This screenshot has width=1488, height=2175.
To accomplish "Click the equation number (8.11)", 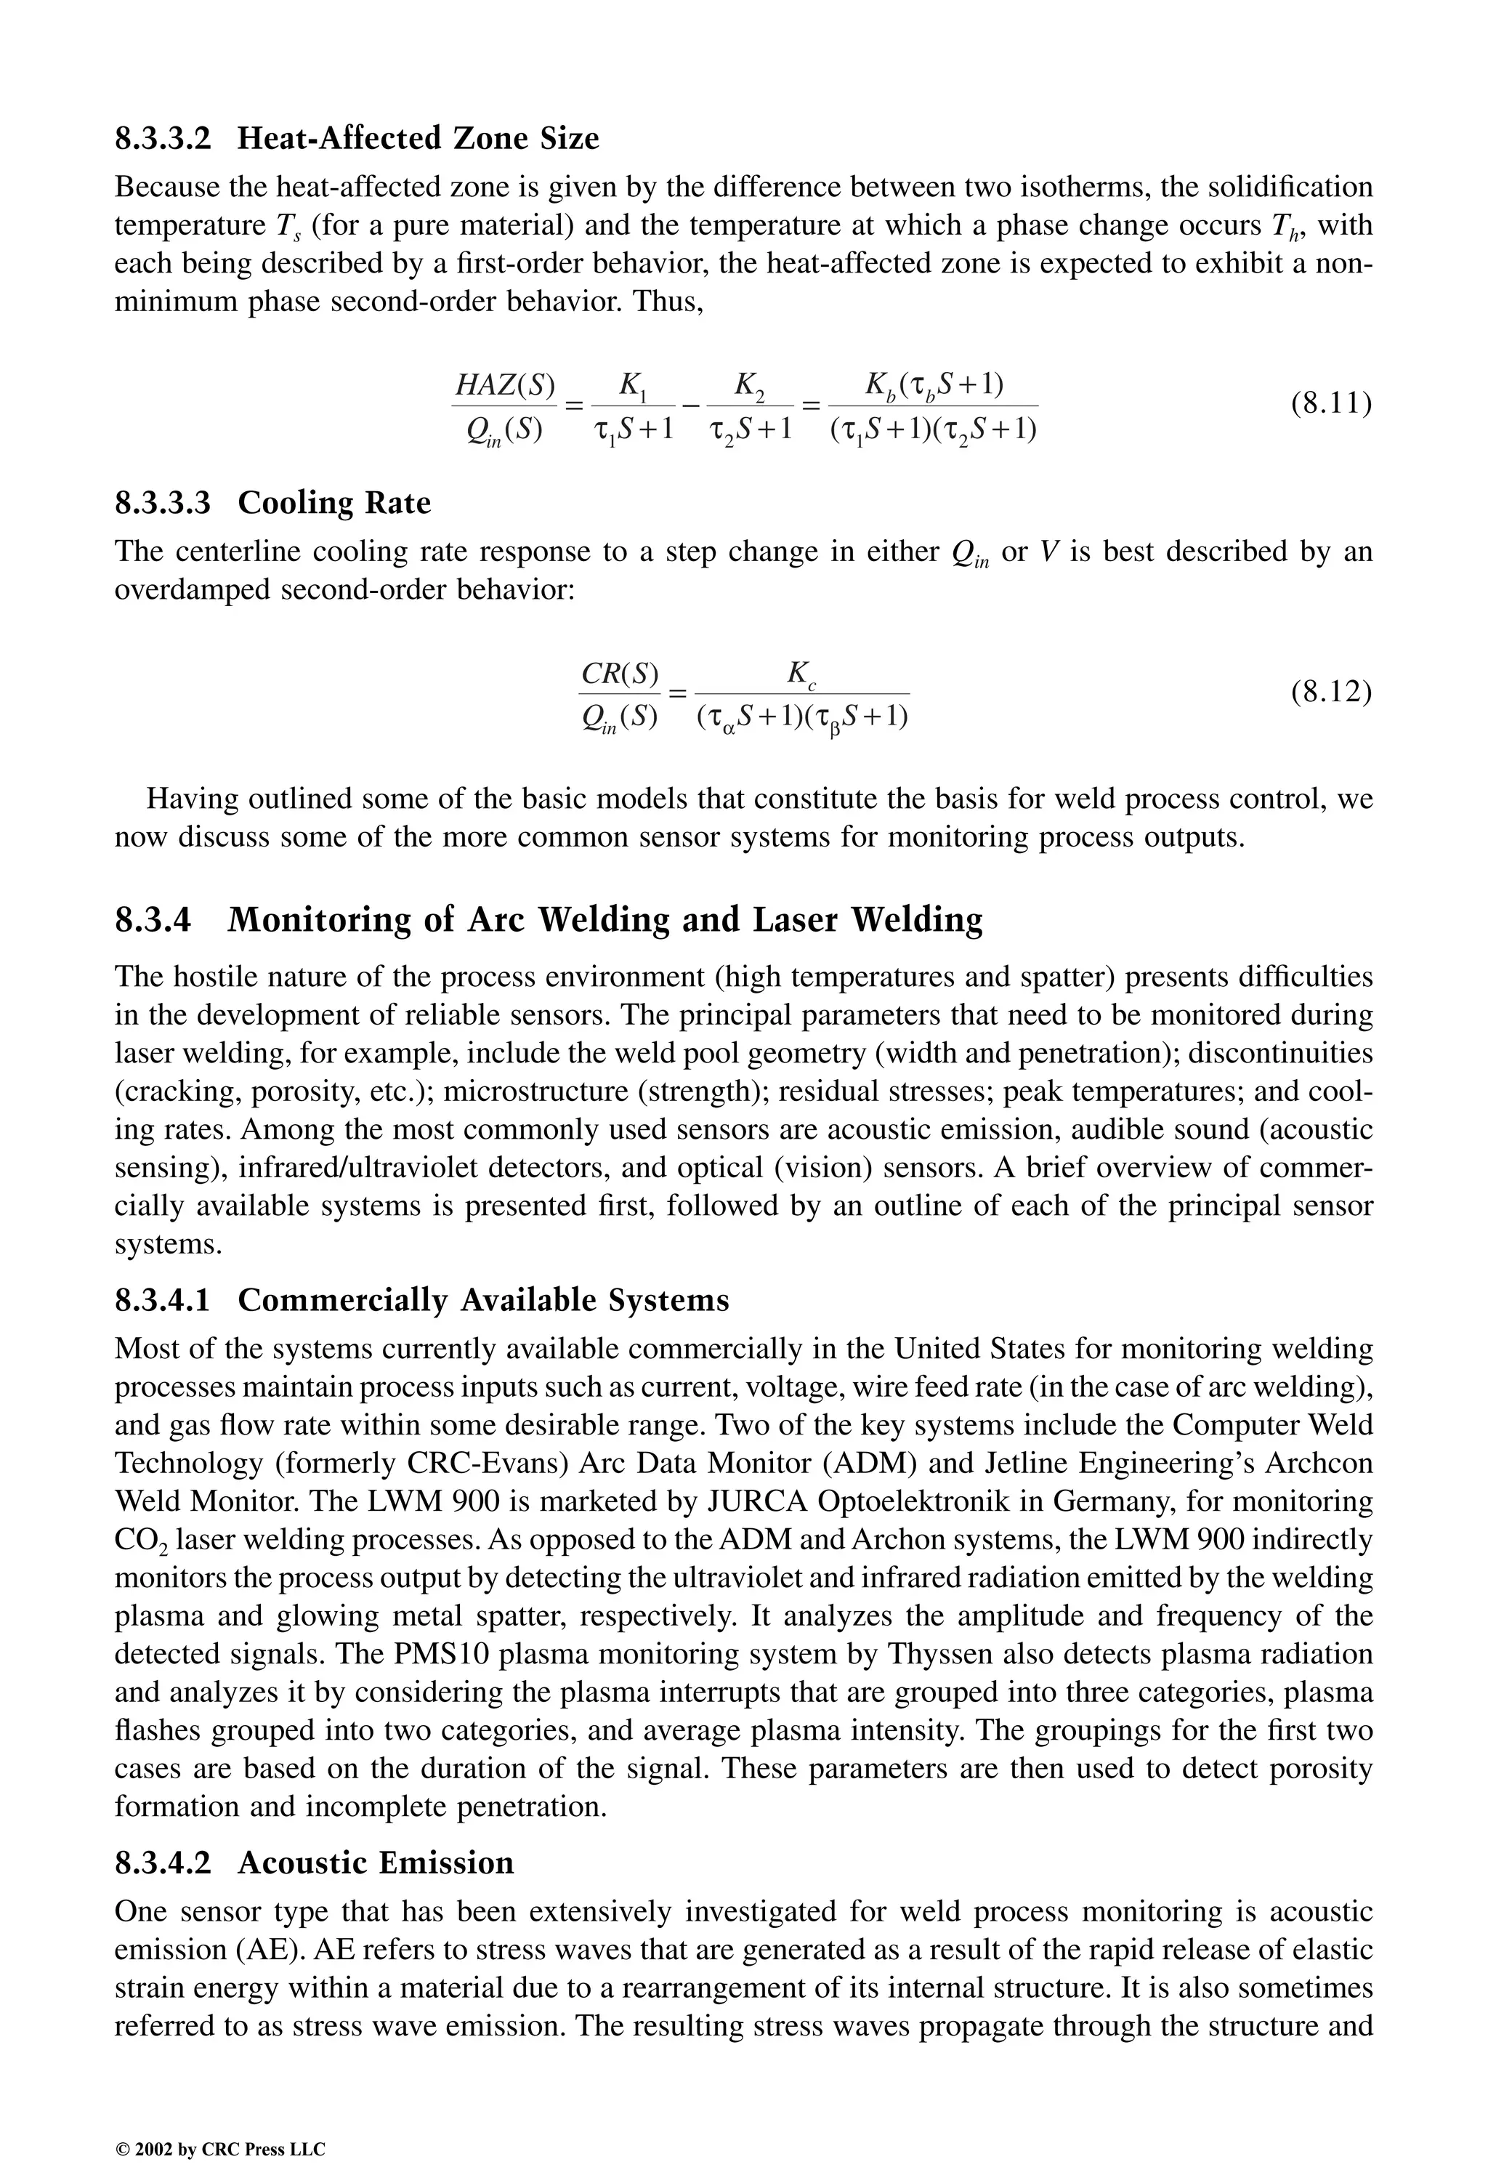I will click(x=1331, y=404).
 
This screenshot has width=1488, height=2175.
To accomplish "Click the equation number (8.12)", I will click(x=1331, y=693).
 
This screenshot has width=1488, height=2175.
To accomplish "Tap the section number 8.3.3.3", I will click(x=163, y=503).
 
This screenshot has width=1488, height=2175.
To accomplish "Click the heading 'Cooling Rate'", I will click(x=334, y=503).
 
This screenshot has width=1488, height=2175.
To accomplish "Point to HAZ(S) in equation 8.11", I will click(x=504, y=384).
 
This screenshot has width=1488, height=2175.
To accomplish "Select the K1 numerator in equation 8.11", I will click(x=633, y=384).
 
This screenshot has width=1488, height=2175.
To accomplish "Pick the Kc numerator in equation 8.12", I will click(x=802, y=673).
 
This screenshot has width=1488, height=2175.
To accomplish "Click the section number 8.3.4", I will click(x=153, y=920).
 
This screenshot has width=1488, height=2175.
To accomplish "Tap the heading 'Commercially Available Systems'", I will click(x=483, y=1300).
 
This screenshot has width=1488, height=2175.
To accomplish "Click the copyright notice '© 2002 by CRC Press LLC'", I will click(x=220, y=2123).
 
